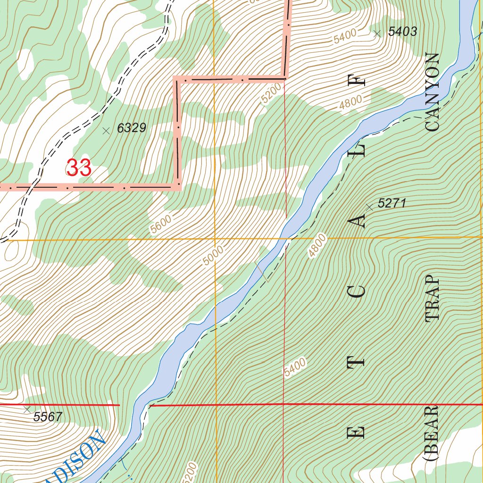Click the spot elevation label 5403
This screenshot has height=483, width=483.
click(402, 32)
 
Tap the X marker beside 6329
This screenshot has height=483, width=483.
click(106, 131)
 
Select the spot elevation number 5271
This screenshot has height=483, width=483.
click(391, 204)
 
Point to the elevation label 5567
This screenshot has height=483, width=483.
click(48, 417)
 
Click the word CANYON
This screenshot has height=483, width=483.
click(432, 92)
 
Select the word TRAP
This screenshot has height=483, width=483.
click(432, 300)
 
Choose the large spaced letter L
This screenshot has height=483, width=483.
click(360, 150)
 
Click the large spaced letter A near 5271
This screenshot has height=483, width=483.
click(360, 220)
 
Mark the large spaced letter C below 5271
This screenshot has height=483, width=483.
click(359, 291)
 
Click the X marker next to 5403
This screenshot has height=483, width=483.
click(376, 33)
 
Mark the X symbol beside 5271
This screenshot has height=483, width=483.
click(369, 206)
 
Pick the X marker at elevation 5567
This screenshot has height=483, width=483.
click(27, 409)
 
